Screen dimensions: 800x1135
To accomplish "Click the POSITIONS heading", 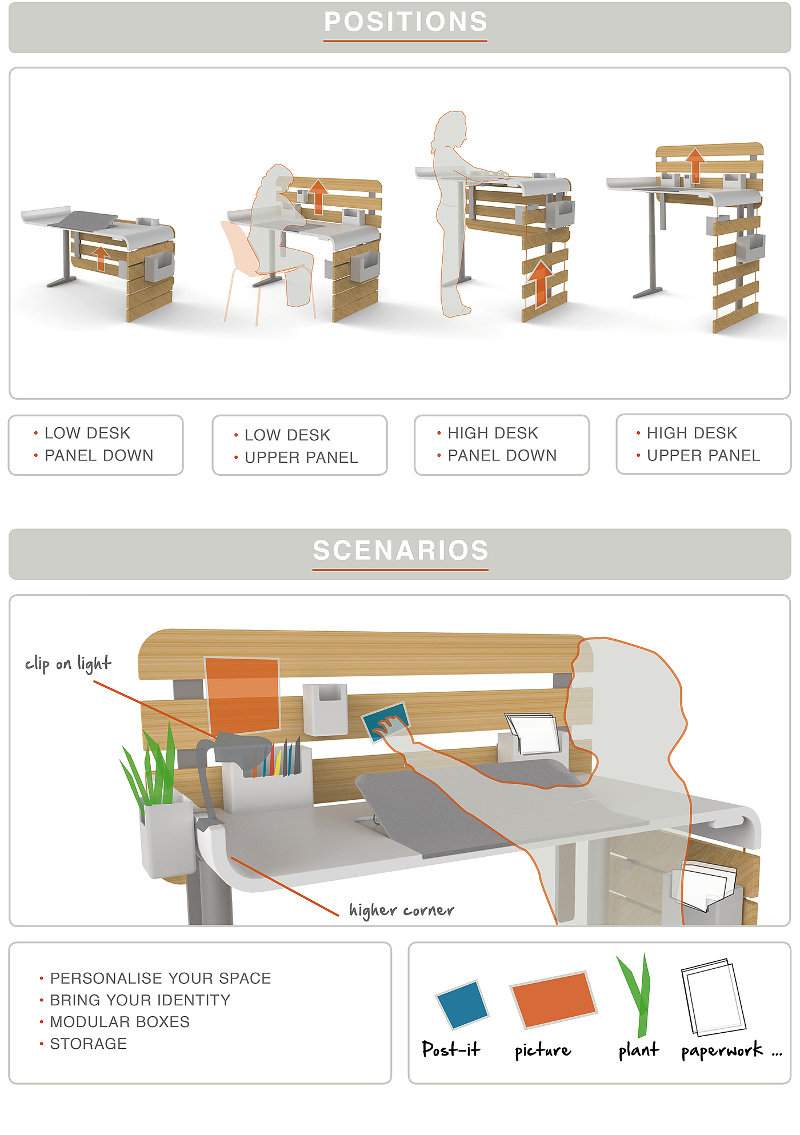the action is (405, 22).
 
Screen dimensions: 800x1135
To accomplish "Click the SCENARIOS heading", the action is (400, 550).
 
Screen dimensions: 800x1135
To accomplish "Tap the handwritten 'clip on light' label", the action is (68, 664).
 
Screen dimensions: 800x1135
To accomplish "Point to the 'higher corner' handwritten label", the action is (402, 910).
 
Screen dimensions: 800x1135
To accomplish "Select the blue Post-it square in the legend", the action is (462, 1004).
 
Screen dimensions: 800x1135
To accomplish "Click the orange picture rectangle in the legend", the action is (553, 999).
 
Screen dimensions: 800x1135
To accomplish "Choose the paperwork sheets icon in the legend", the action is (713, 997).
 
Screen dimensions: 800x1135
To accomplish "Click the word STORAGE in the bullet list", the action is (89, 1044).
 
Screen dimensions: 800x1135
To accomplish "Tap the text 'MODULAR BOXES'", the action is (119, 1022).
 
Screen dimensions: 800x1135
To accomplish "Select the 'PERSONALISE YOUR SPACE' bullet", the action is (160, 978).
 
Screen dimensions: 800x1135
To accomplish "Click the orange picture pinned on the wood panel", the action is (242, 695).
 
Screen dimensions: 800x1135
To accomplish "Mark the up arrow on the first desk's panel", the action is (101, 258).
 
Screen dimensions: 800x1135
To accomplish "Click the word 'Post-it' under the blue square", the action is (451, 1049).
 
